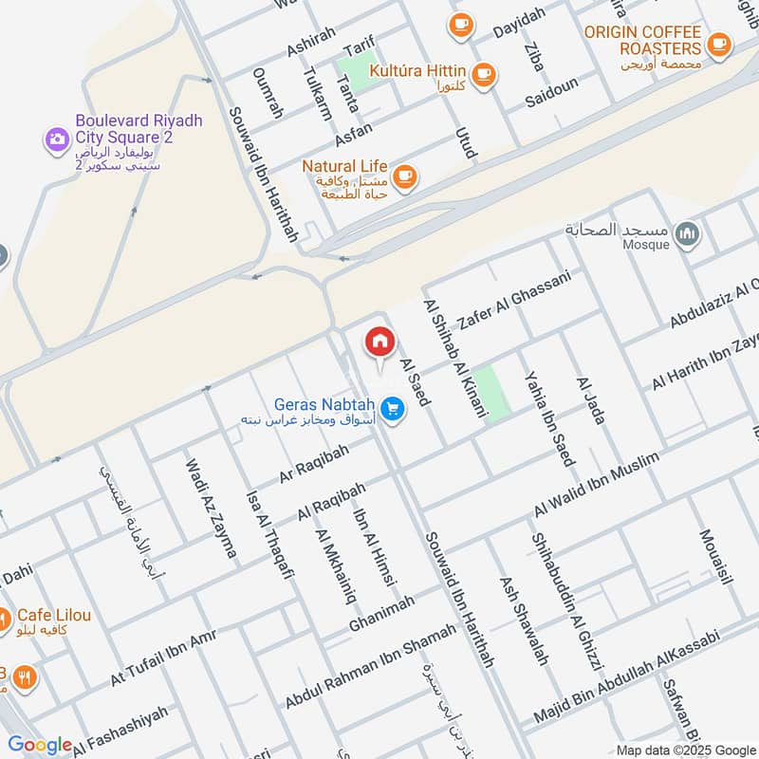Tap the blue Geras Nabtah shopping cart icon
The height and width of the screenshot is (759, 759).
(x=394, y=410)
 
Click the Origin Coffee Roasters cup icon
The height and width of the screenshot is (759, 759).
(x=718, y=43)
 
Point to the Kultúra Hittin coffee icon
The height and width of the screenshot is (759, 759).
(x=484, y=72)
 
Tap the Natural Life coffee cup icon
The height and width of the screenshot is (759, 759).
(x=405, y=175)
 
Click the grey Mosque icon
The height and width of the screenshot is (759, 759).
(x=689, y=233)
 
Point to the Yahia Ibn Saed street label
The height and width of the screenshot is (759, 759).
(x=548, y=417)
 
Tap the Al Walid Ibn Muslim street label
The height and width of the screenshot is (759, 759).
(x=596, y=485)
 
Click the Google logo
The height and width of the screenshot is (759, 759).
(x=40, y=745)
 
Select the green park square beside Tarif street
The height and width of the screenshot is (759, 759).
(x=357, y=73)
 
